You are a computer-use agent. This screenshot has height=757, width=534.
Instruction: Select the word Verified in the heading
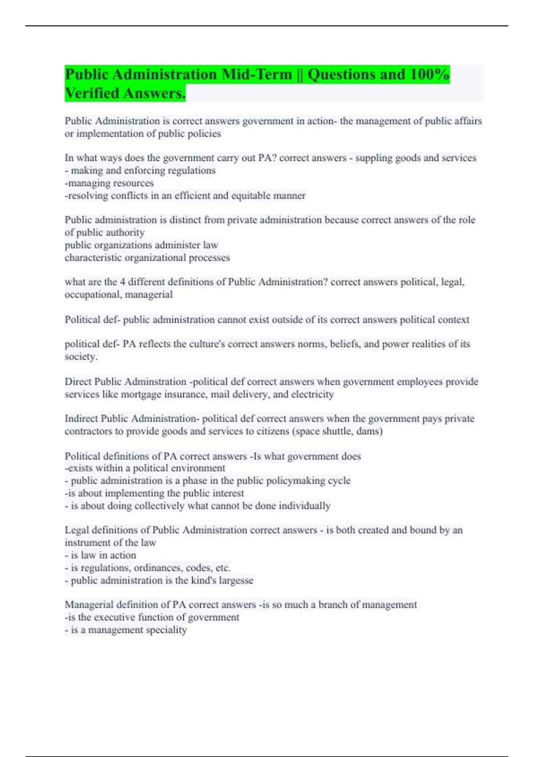coord(91,94)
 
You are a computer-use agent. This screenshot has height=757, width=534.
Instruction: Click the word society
coord(81,357)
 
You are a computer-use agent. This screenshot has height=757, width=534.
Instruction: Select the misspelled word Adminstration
coord(155,382)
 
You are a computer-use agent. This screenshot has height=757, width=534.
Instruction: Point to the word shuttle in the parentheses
coord(334,431)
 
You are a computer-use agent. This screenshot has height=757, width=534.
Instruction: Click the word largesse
coord(235,581)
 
